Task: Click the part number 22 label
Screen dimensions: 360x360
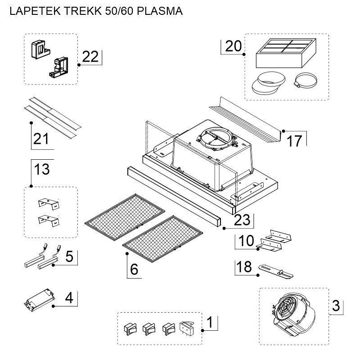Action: pyautogui.click(x=90, y=57)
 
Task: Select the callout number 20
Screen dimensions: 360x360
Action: pyautogui.click(x=233, y=46)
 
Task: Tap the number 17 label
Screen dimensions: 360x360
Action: pyautogui.click(x=294, y=141)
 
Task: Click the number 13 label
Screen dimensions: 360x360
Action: pyautogui.click(x=41, y=170)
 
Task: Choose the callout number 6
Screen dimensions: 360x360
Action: pyautogui.click(x=134, y=269)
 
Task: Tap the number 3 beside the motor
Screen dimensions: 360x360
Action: pyautogui.click(x=336, y=306)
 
